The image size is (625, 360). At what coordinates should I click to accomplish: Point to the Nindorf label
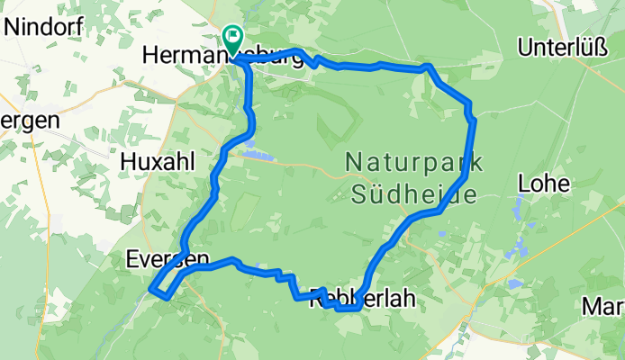click(x=44, y=26)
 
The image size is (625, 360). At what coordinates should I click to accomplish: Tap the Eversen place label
click(x=168, y=260)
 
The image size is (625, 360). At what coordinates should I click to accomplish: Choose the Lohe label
click(x=544, y=184)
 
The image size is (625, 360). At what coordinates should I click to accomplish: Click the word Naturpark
click(x=414, y=164)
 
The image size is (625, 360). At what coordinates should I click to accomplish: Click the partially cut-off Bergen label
click(x=30, y=120)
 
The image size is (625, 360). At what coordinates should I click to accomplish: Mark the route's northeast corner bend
click(x=430, y=68)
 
